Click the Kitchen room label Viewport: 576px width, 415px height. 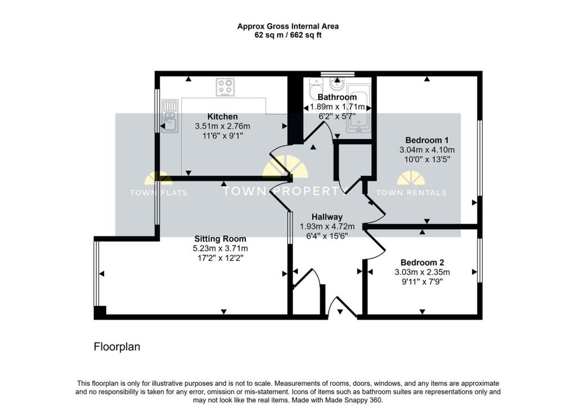[x=222, y=117]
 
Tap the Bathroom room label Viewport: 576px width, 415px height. [x=337, y=97]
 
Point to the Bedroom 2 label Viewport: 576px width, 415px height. [x=422, y=262]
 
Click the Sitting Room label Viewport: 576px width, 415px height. [x=220, y=239]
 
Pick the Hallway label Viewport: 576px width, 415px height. [x=327, y=217]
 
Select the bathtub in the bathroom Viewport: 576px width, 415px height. [x=359, y=109]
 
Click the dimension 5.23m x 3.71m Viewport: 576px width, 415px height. [x=220, y=248]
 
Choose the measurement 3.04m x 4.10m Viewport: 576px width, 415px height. [x=427, y=150]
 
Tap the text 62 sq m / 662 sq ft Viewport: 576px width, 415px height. [x=287, y=35]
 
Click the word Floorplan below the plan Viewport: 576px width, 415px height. [x=116, y=347]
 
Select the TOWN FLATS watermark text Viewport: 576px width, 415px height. [x=159, y=193]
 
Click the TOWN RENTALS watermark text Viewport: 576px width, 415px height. [x=411, y=193]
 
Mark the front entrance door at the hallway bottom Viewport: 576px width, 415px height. [x=342, y=309]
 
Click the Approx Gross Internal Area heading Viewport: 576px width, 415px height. [x=287, y=26]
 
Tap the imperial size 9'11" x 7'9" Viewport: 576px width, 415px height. [x=422, y=282]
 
